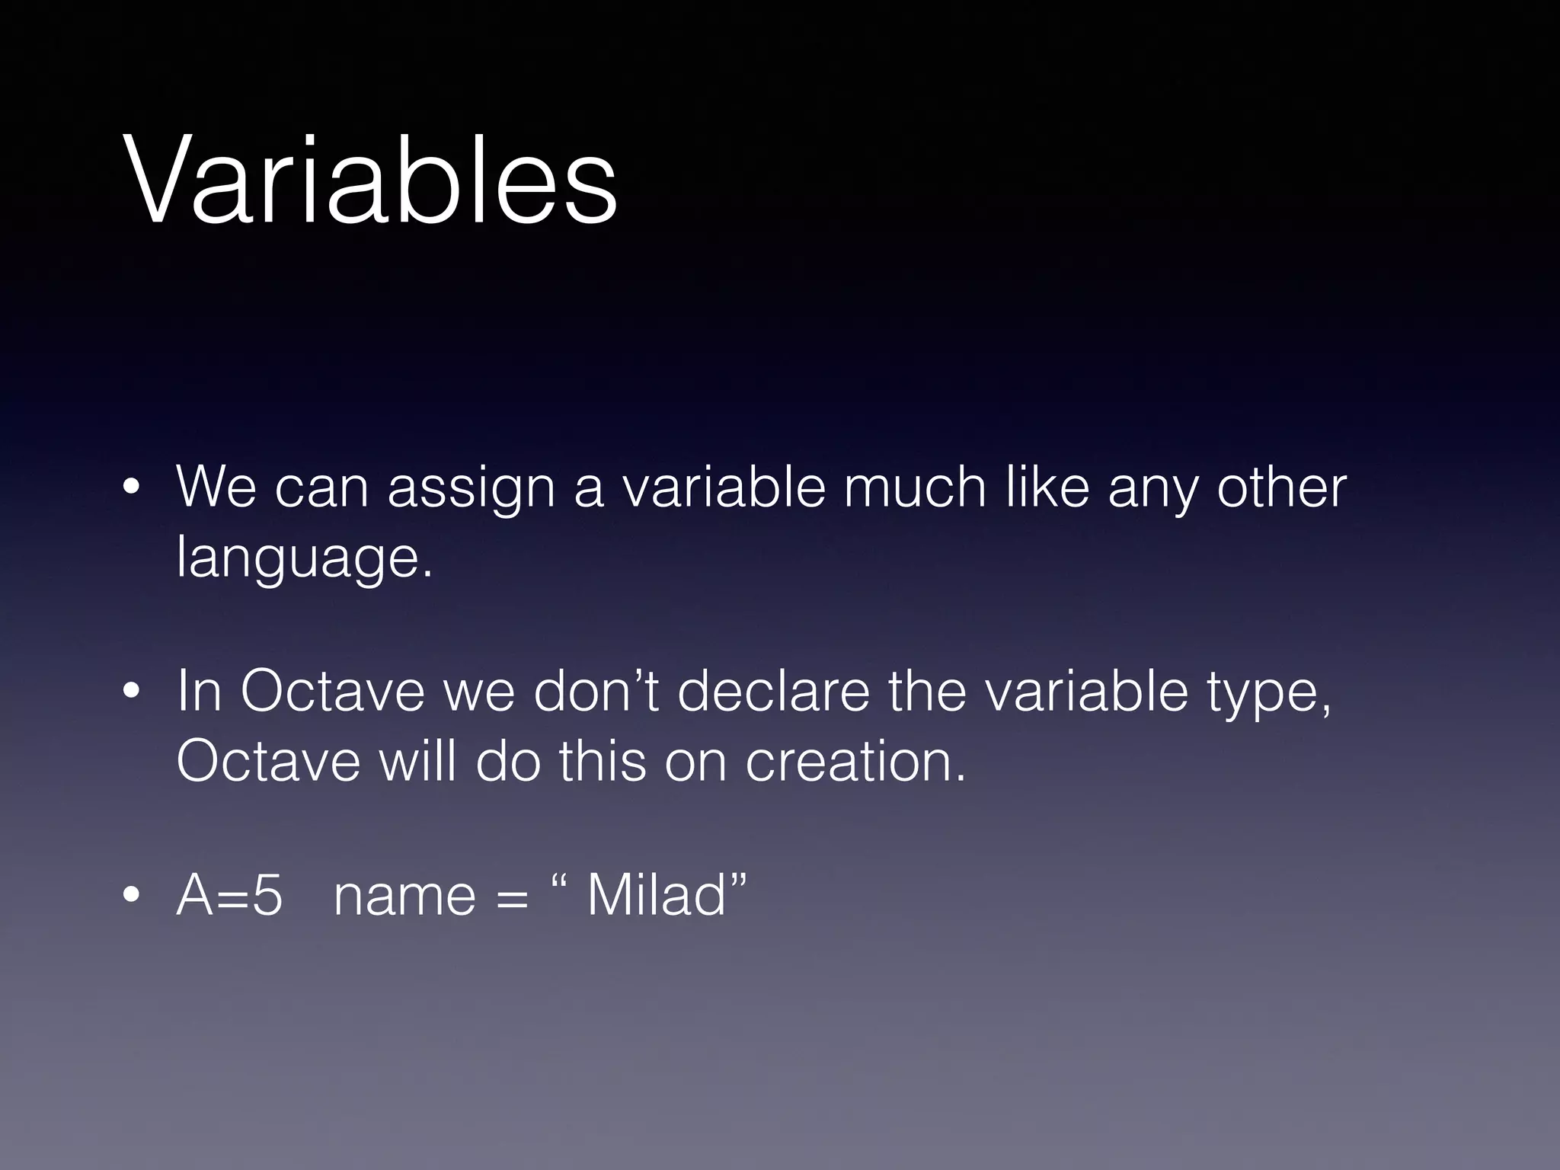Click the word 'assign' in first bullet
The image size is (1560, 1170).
pyautogui.click(x=471, y=489)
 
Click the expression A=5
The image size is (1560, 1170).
pyautogui.click(x=229, y=896)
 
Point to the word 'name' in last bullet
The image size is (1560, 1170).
pyautogui.click(x=404, y=896)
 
